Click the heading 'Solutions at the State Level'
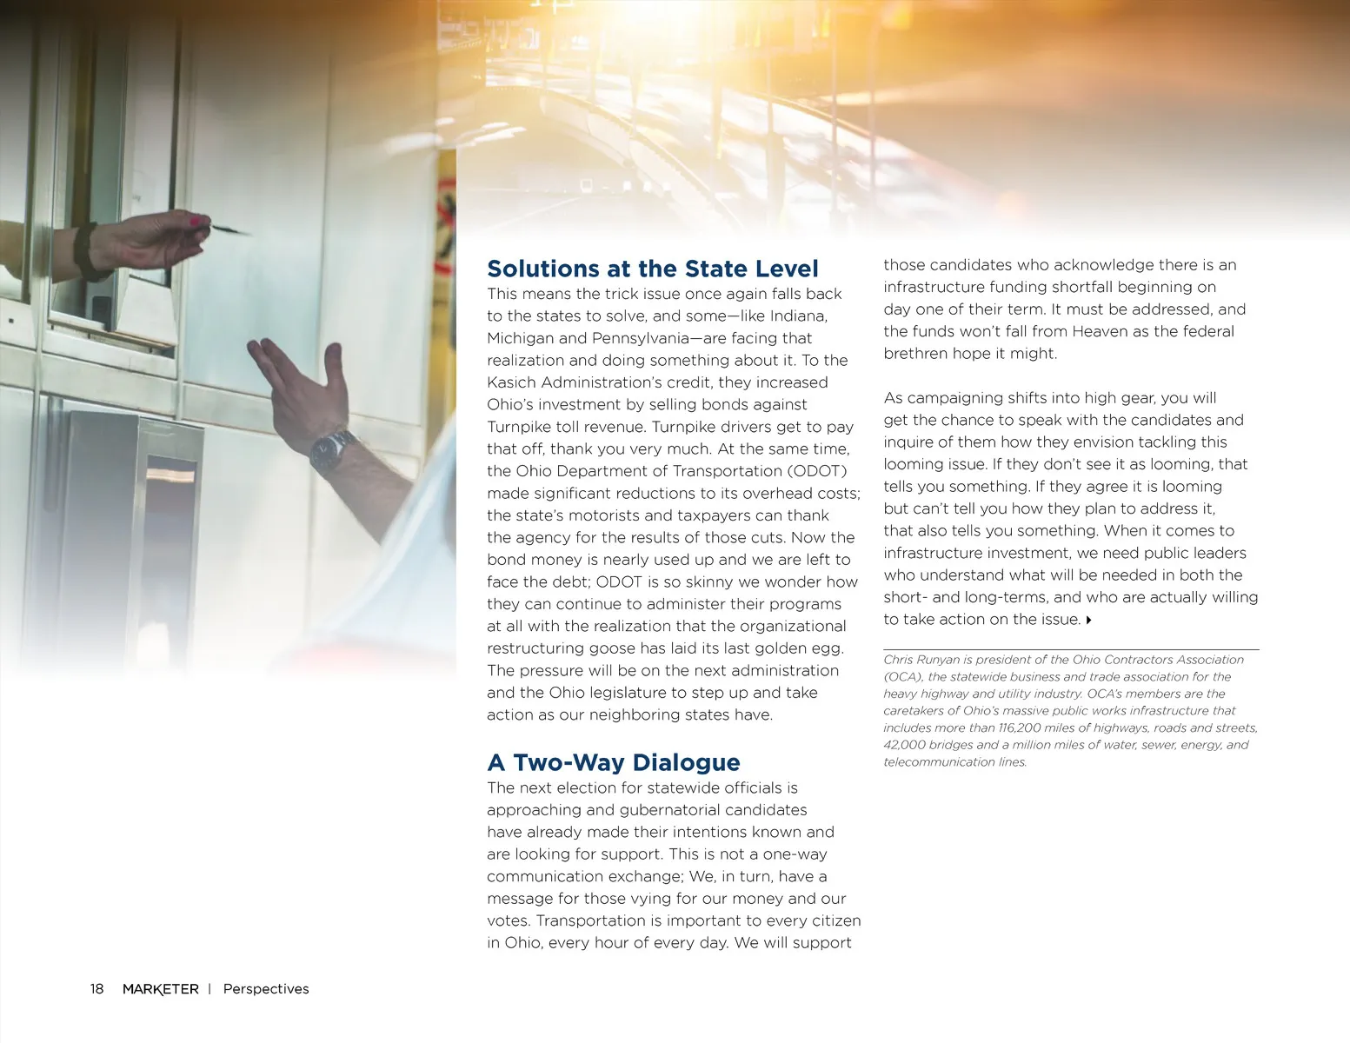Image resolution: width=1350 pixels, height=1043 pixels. pos(652,269)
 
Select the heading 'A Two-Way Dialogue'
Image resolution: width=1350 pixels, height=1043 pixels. pos(613,762)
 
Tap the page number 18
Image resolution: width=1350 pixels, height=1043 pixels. pos(96,989)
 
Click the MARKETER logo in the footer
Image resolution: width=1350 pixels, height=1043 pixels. pos(160,989)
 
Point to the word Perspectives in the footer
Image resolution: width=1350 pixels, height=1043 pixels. pos(266,989)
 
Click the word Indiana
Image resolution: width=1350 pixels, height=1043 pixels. pos(797,316)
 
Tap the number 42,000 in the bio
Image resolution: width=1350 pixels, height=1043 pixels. pos(904,745)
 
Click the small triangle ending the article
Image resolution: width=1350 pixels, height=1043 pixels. pos(1088,621)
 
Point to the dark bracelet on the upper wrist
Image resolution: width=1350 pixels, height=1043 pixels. pos(84,250)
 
